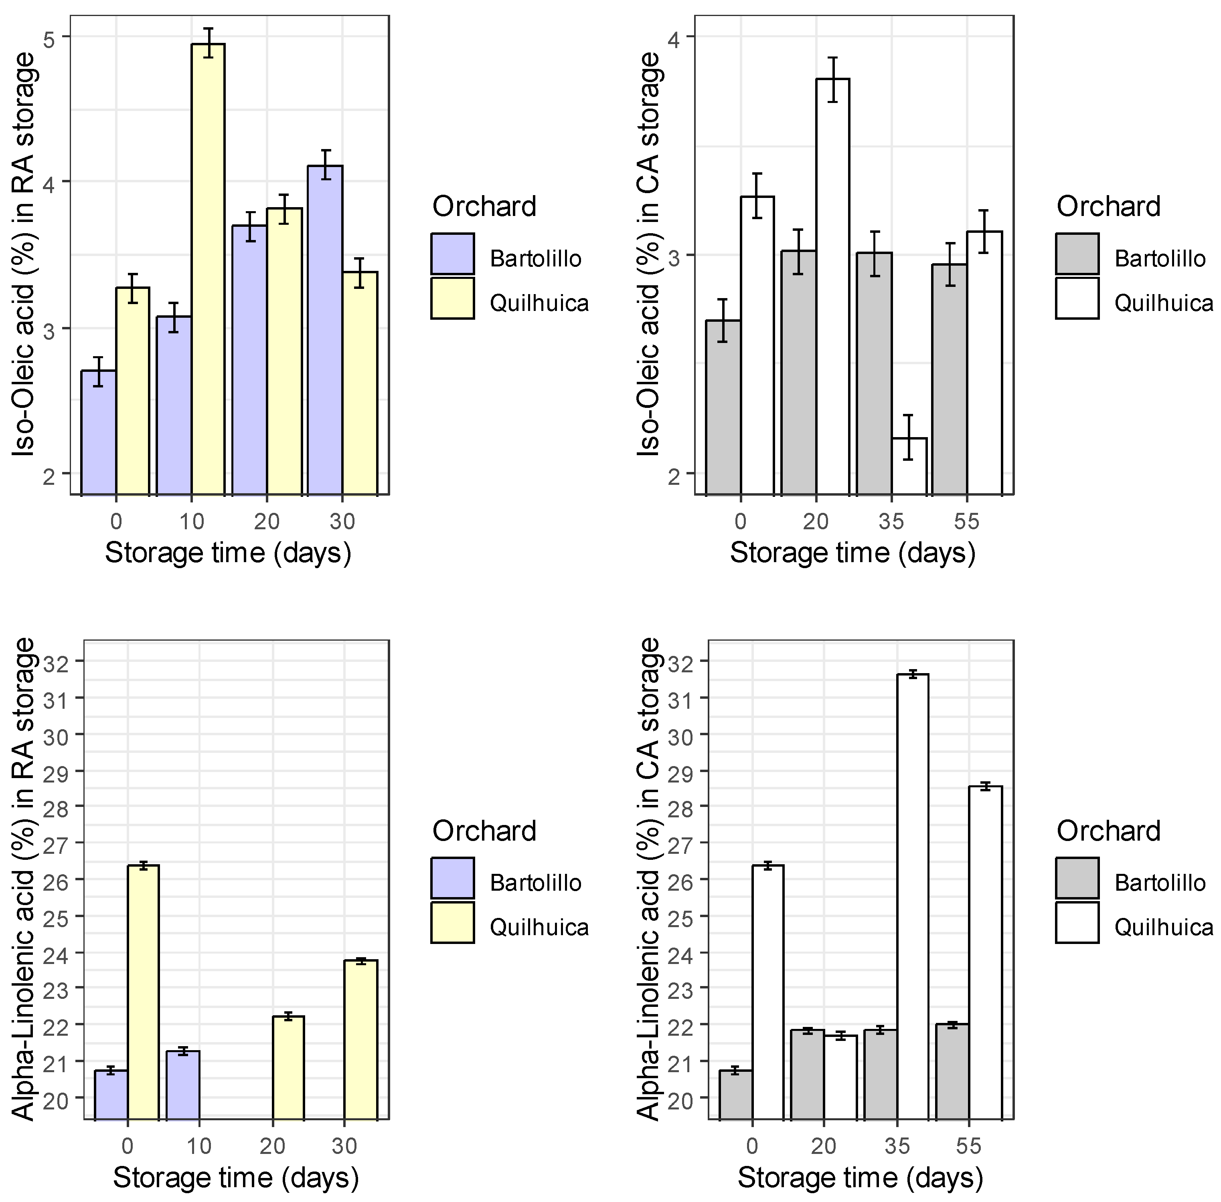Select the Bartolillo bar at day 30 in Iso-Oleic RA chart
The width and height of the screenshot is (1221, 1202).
pos(325,328)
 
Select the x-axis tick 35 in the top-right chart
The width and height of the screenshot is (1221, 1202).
pos(891,521)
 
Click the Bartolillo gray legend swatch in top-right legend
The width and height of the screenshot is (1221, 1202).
pos(1077,254)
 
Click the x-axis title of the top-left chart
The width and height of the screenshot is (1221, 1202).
pos(227,553)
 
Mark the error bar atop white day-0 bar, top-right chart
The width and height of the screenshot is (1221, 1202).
pos(757,196)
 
